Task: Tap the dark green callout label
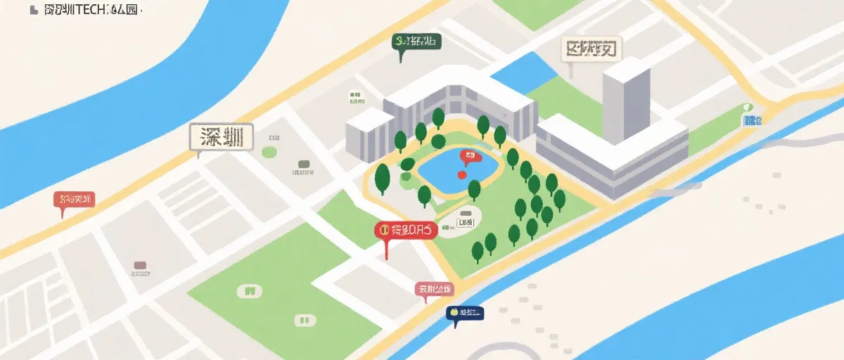(x=416, y=41)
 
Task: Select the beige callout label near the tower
(x=594, y=50)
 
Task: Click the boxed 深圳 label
(x=221, y=137)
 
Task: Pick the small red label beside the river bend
(x=74, y=200)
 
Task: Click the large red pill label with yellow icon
(x=406, y=229)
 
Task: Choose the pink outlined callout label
(x=434, y=289)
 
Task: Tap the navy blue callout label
(x=465, y=312)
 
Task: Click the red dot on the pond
(x=461, y=174)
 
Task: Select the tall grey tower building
(x=625, y=98)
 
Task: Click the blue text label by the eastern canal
(x=751, y=120)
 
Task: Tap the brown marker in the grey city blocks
(x=140, y=266)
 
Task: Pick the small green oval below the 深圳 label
(x=269, y=152)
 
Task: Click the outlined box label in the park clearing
(x=465, y=223)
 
